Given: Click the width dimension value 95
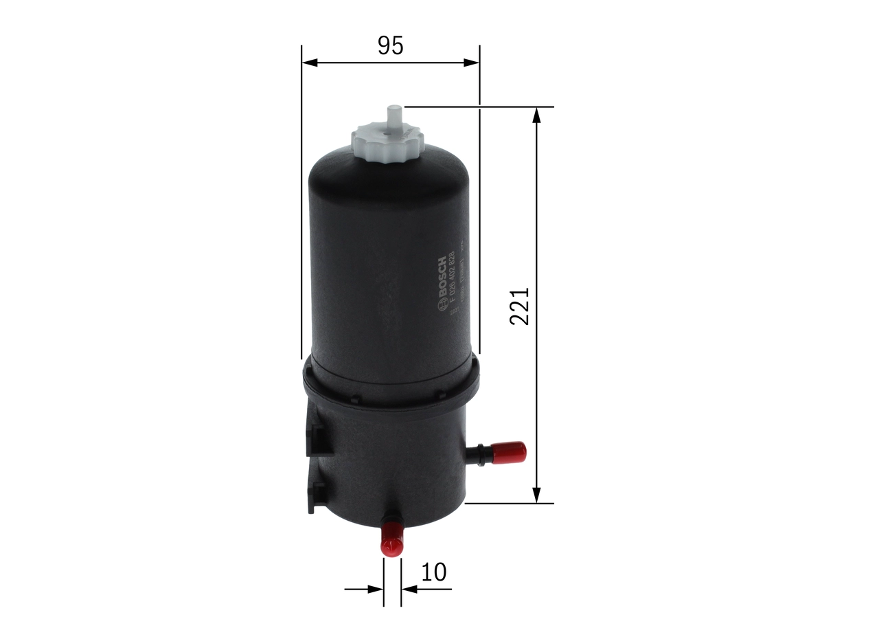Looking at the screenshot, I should pos(390,45).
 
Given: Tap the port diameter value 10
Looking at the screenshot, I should pos(433,572).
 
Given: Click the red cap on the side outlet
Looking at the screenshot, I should pos(512,452).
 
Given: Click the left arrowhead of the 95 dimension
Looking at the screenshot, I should pos(308,63).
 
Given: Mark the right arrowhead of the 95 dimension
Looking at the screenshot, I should pos(472,63).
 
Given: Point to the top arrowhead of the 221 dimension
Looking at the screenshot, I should pos(537,115).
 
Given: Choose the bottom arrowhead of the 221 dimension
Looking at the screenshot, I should pos(537,495).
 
